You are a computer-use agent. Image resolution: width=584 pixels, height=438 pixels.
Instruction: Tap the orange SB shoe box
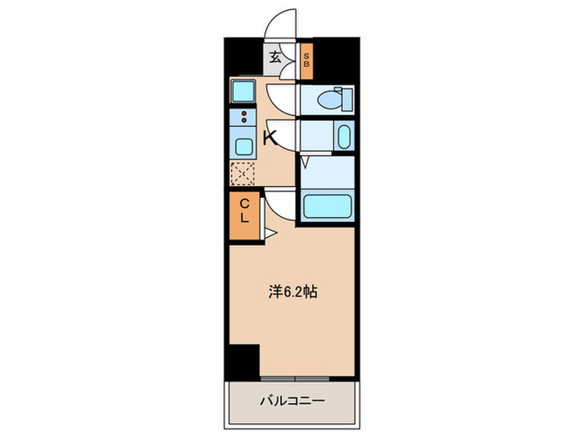(306, 60)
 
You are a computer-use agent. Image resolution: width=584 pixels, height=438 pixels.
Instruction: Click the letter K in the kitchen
(270, 138)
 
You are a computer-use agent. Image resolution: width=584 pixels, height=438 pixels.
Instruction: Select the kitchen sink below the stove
(244, 147)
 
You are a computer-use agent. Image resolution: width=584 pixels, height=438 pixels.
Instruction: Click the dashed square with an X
(243, 174)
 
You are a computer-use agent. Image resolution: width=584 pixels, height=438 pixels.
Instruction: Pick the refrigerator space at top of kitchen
(244, 90)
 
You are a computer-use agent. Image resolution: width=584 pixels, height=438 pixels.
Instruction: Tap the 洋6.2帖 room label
(292, 292)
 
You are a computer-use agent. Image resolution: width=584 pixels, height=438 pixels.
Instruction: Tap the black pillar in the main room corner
(244, 361)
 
